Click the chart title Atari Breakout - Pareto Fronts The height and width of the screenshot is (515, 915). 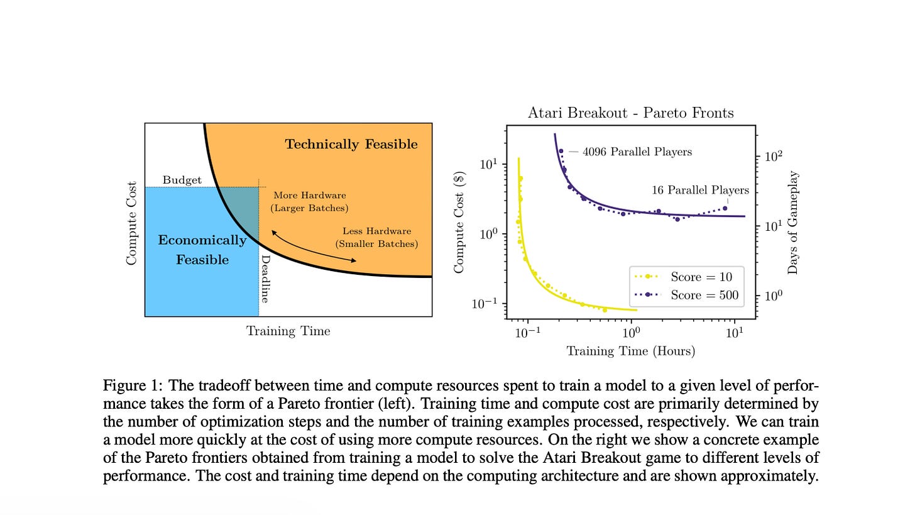pyautogui.click(x=631, y=113)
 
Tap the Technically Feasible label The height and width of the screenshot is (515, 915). pyautogui.click(x=351, y=144)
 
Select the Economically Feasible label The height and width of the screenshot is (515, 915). pyautogui.click(x=202, y=250)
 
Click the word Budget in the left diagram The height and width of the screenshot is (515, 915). pyautogui.click(x=182, y=180)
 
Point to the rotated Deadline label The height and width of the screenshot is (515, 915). pyautogui.click(x=265, y=279)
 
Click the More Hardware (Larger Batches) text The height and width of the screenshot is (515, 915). pyautogui.click(x=310, y=201)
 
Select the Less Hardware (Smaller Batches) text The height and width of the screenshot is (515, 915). pyautogui.click(x=376, y=238)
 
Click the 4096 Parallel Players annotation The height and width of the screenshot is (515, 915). pyautogui.click(x=637, y=152)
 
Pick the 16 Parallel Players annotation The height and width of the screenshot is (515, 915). pyautogui.click(x=700, y=190)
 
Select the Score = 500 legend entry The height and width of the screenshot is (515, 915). pyautogui.click(x=686, y=295)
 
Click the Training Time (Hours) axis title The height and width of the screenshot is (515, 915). pyautogui.click(x=631, y=351)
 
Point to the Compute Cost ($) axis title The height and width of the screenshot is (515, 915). pyautogui.click(x=459, y=222)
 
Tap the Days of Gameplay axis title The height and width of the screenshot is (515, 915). pyautogui.click(x=792, y=223)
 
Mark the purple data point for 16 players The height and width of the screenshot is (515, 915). pyautogui.click(x=725, y=209)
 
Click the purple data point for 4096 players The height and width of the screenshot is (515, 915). pyautogui.click(x=561, y=151)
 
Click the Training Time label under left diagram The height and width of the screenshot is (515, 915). pyautogui.click(x=288, y=331)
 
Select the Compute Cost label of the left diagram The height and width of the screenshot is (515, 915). pyautogui.click(x=131, y=223)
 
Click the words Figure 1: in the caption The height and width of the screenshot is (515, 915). pyautogui.click(x=133, y=385)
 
